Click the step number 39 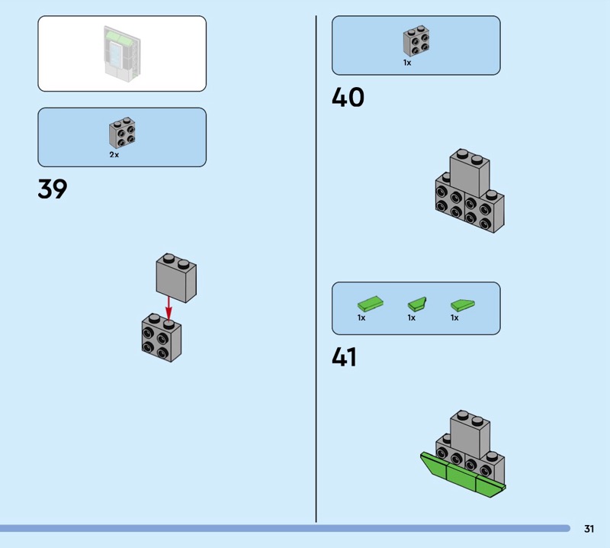pyautogui.click(x=53, y=189)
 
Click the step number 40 pyautogui.click(x=348, y=98)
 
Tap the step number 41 pyautogui.click(x=345, y=356)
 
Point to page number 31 pyautogui.click(x=589, y=528)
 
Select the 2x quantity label pyautogui.click(x=114, y=154)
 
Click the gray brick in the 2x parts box pyautogui.click(x=122, y=133)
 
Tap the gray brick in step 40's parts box pyautogui.click(x=416, y=42)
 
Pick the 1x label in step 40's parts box pyautogui.click(x=407, y=63)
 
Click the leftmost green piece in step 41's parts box pyautogui.click(x=370, y=303)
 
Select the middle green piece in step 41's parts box pyautogui.click(x=417, y=303)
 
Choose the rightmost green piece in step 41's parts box pyautogui.click(x=463, y=303)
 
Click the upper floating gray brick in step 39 pyautogui.click(x=176, y=276)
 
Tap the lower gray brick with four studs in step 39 pyautogui.click(x=161, y=337)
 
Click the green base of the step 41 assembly pyautogui.click(x=462, y=475)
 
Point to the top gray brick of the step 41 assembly pyautogui.click(x=470, y=431)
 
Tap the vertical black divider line pyautogui.click(x=316, y=267)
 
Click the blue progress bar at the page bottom pyautogui.click(x=282, y=528)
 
